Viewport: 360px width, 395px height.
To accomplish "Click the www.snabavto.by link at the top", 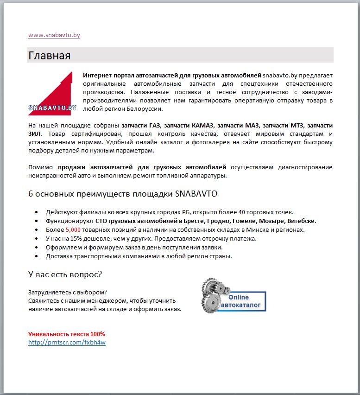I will click(x=54, y=35).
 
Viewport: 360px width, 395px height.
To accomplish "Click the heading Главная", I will click(x=49, y=56).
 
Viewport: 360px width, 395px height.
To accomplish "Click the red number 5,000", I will click(x=73, y=229).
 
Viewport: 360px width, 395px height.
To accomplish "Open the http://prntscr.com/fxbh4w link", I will click(x=67, y=343).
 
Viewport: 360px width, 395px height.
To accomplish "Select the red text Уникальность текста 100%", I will click(x=66, y=334).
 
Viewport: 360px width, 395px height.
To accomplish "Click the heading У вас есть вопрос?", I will click(x=65, y=274).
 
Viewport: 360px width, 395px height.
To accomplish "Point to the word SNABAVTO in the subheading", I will click(x=196, y=193).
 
